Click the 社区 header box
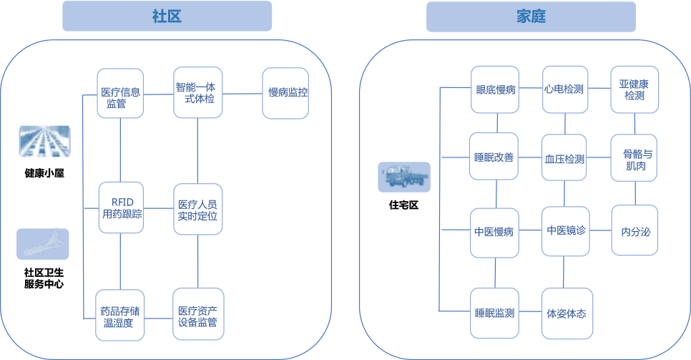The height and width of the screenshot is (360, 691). point(167,16)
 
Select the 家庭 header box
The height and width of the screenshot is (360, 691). point(530,16)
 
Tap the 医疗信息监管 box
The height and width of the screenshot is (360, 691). point(121,93)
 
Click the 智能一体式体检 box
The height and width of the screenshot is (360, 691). point(198,93)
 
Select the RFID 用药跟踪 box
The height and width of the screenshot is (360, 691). point(121,208)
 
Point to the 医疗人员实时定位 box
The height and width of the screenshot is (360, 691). point(198,208)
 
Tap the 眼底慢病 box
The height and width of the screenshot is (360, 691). point(495,89)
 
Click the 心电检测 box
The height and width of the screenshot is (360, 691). point(564,89)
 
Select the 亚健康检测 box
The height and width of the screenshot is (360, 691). point(634,89)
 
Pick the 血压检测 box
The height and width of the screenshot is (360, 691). point(564,159)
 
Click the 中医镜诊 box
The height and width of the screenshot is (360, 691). point(565,230)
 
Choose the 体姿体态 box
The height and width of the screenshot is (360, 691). point(565,313)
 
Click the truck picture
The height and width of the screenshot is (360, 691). point(404,176)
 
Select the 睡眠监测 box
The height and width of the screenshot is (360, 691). point(494,313)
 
